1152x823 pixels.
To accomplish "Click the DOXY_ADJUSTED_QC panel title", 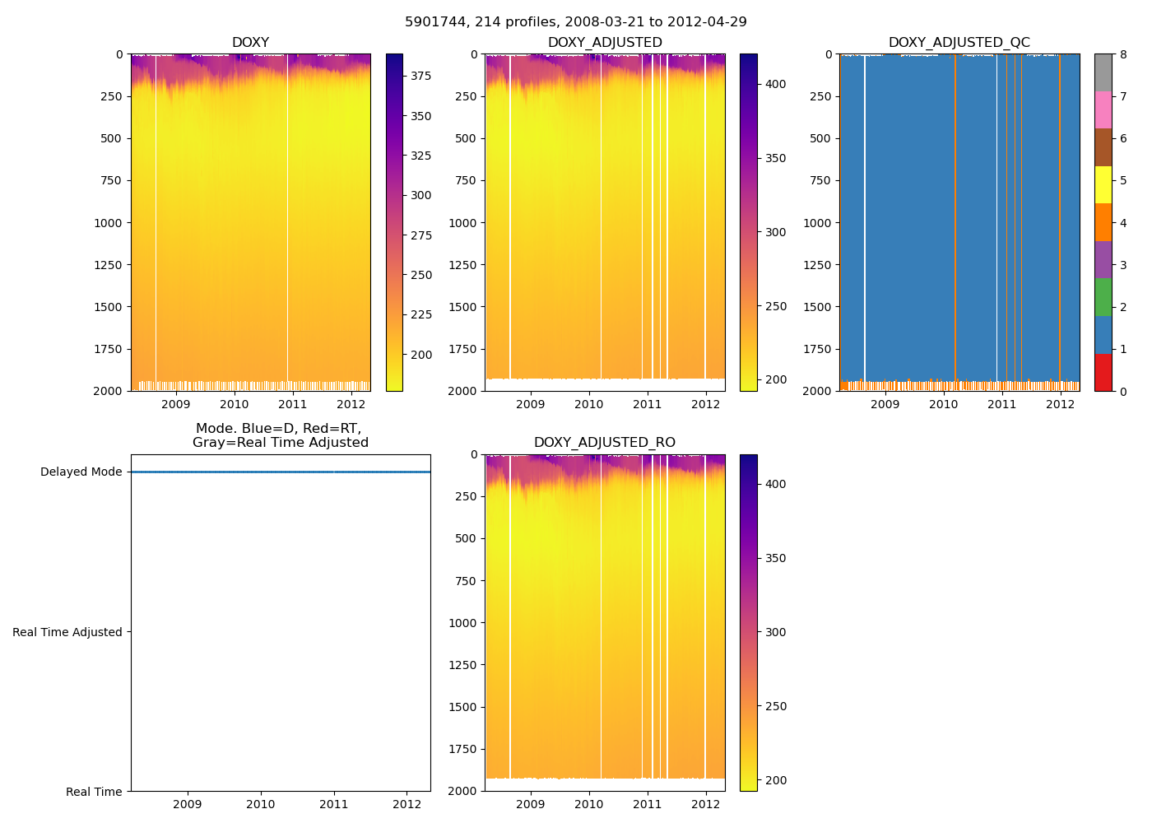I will (x=959, y=43).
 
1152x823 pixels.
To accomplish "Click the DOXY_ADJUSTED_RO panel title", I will (x=605, y=443).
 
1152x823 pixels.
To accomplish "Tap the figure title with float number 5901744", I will (x=576, y=22).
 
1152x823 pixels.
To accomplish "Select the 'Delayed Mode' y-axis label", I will (x=81, y=472).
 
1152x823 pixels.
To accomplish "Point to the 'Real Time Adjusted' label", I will (x=67, y=632).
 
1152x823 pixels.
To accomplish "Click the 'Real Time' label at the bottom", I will (x=94, y=792).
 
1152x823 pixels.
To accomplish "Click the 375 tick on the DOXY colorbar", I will (x=420, y=76).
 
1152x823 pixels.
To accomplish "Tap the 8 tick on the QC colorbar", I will (x=1123, y=54).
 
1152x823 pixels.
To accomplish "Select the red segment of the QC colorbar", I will (x=1103, y=372).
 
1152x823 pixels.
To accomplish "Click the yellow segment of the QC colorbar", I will (x=1103, y=184).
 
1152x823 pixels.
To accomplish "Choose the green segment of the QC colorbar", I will (x=1103, y=297).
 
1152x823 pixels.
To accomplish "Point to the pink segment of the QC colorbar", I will (x=1103, y=109).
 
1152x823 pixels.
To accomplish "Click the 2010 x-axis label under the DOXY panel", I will (x=234, y=404).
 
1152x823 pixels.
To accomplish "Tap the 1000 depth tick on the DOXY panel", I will (x=108, y=223).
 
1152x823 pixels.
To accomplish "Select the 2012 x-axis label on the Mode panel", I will (x=406, y=804).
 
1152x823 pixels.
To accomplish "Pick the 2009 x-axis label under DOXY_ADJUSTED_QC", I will (x=885, y=404).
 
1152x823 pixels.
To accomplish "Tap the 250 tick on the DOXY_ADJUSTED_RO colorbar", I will (x=775, y=706).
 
